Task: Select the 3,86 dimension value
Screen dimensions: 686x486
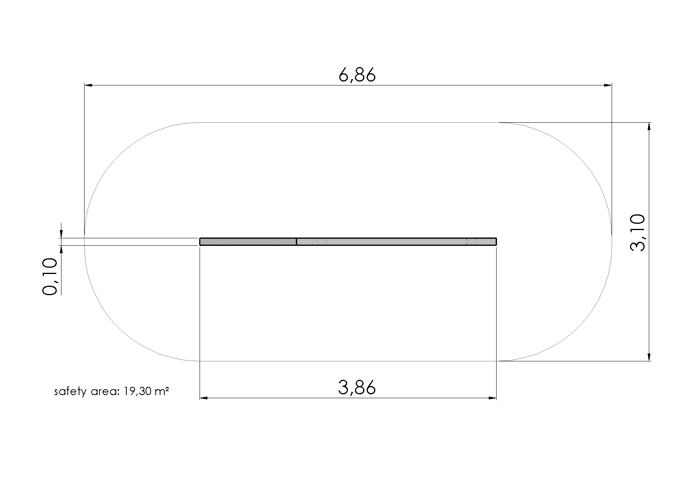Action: pyautogui.click(x=357, y=388)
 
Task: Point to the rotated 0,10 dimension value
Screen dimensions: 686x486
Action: pyautogui.click(x=50, y=276)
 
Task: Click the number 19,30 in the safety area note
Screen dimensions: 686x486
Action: pyautogui.click(x=137, y=391)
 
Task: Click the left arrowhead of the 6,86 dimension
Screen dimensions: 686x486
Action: pyautogui.click(x=88, y=85)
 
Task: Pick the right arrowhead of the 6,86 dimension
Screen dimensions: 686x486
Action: pyautogui.click(x=607, y=85)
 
